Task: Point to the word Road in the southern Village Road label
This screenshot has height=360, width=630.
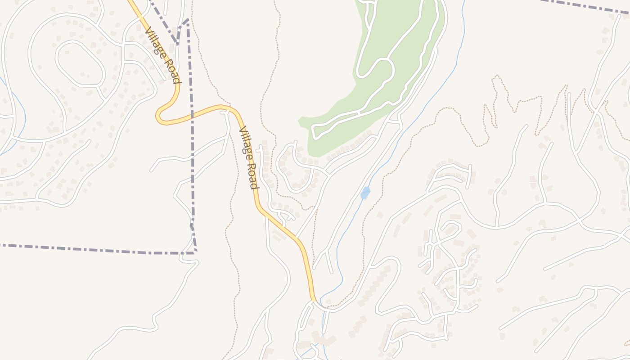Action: [253, 175]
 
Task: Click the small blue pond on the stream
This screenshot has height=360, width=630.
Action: [365, 193]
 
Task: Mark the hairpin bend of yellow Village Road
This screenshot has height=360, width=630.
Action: [159, 116]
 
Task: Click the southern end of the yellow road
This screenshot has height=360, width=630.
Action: [313, 299]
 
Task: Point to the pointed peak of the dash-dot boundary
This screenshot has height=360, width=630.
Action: [187, 20]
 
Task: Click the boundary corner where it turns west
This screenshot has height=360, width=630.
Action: [195, 252]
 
